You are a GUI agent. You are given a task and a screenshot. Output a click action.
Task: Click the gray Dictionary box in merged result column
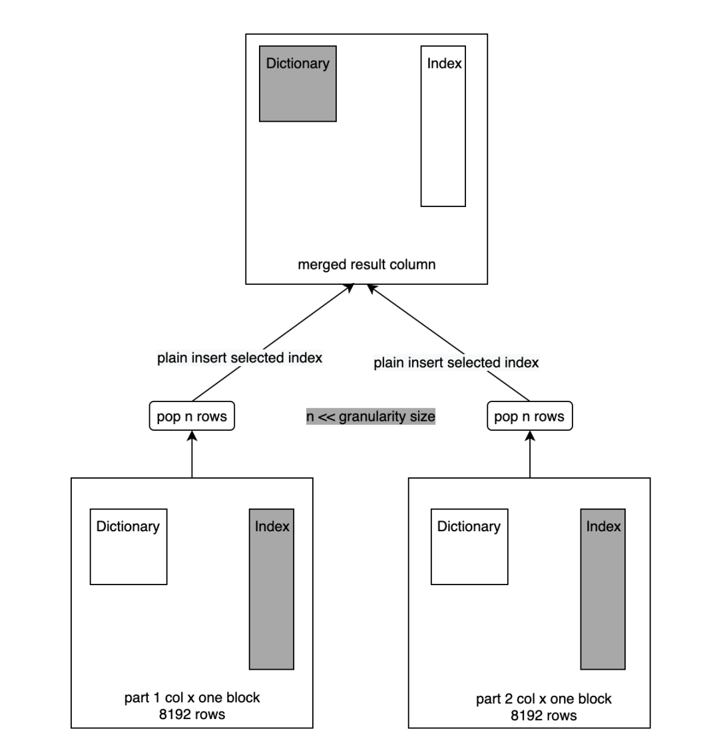click(298, 84)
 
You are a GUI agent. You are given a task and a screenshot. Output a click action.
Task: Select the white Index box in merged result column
click(443, 126)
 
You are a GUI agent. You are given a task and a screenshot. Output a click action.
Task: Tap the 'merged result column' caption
click(366, 265)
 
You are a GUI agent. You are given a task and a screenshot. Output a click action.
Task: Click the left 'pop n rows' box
click(192, 417)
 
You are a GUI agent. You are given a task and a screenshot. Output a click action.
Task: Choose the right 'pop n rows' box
click(529, 417)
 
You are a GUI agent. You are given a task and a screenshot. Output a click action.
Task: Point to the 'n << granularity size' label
click(370, 417)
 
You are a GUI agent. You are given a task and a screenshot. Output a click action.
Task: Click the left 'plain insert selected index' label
click(240, 358)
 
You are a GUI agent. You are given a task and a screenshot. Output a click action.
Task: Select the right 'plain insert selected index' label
click(456, 364)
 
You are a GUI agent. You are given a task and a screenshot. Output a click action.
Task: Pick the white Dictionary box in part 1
click(128, 547)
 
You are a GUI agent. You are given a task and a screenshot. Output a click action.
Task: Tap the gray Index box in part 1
click(272, 589)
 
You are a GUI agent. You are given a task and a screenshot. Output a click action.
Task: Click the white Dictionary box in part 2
click(469, 547)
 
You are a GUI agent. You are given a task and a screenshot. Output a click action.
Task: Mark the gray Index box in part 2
click(603, 589)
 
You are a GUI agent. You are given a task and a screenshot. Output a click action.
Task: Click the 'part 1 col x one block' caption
click(192, 698)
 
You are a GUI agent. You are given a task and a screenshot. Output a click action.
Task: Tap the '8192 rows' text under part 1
click(192, 715)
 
